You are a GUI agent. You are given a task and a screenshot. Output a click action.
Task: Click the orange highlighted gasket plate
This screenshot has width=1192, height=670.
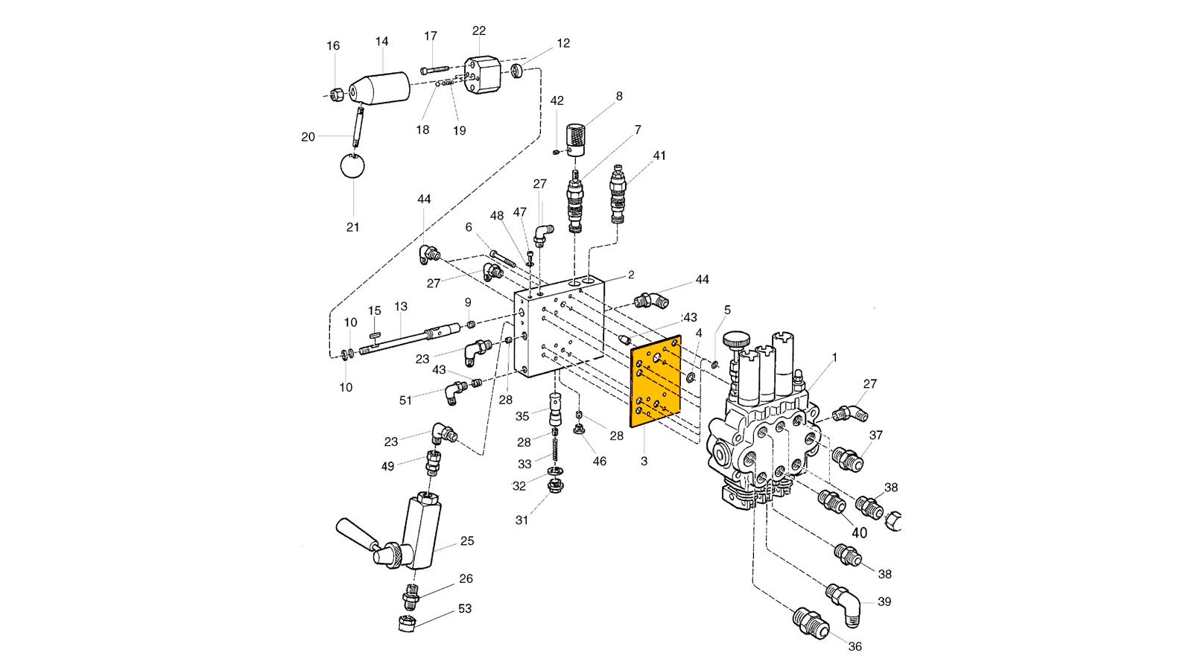click(656, 380)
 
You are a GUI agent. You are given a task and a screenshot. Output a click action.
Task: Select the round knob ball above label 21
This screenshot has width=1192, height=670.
click(352, 167)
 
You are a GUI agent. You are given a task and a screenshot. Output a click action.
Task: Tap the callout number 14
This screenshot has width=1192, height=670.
click(382, 42)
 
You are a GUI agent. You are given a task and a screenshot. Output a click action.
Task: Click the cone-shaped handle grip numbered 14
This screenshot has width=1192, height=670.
click(379, 89)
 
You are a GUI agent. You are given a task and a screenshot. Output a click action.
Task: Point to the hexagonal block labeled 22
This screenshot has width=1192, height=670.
click(483, 75)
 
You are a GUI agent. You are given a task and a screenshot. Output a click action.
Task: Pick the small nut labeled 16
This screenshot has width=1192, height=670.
click(336, 95)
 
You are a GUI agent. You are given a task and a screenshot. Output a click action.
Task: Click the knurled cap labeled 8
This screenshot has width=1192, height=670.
click(574, 140)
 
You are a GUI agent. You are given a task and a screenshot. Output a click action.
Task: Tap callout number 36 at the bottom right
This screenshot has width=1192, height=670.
click(855, 647)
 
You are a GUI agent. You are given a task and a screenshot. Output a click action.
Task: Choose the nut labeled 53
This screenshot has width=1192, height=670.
click(407, 622)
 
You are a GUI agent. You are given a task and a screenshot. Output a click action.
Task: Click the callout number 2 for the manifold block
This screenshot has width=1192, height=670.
click(631, 275)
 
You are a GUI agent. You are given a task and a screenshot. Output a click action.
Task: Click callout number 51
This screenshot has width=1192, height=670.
click(405, 401)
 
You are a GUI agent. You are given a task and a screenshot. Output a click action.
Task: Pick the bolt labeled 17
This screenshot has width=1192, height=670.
click(435, 70)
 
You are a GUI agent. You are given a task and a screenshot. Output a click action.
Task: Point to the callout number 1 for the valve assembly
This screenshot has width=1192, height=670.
click(834, 357)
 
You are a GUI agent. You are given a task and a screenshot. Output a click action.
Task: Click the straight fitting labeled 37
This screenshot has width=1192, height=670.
click(847, 459)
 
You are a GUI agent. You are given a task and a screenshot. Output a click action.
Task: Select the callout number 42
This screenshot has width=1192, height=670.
click(557, 100)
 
